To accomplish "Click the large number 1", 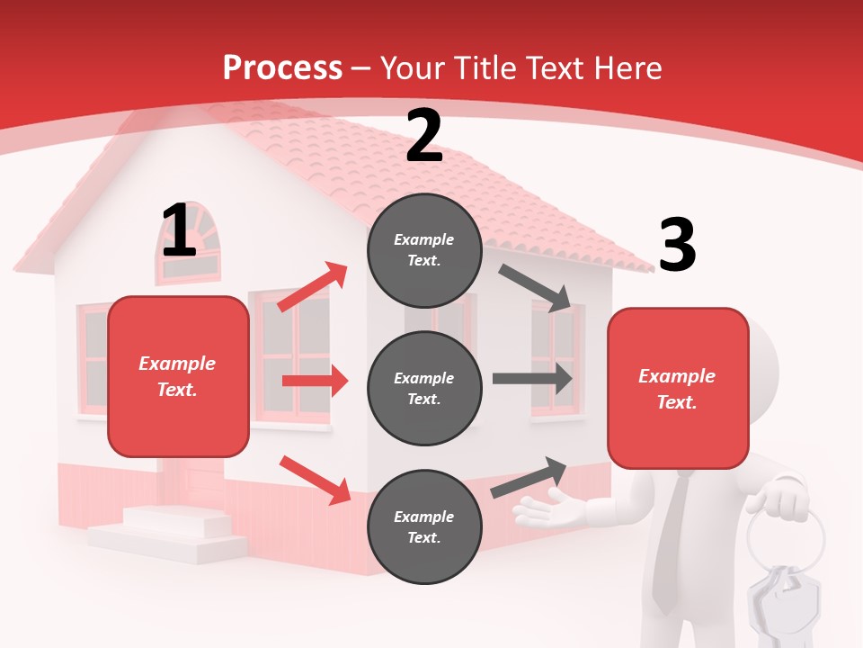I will (179, 231).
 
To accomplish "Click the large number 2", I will (424, 136).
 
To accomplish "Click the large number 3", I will (678, 245).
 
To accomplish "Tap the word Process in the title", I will (282, 67).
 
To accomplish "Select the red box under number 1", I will (178, 376).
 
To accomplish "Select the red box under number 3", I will (678, 389).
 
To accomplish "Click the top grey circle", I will (424, 250).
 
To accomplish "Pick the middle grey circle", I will (424, 388).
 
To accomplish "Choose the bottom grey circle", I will (424, 526).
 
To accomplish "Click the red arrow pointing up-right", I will (313, 287).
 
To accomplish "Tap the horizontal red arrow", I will (315, 381).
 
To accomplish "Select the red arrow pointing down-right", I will (315, 480).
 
